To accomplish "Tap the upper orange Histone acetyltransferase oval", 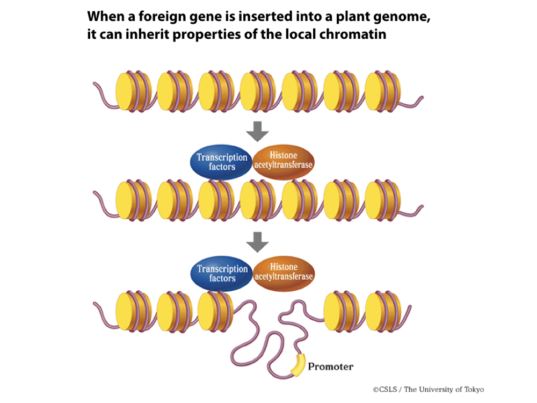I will click(282, 160).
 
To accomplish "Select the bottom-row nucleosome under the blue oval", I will click(214, 311).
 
